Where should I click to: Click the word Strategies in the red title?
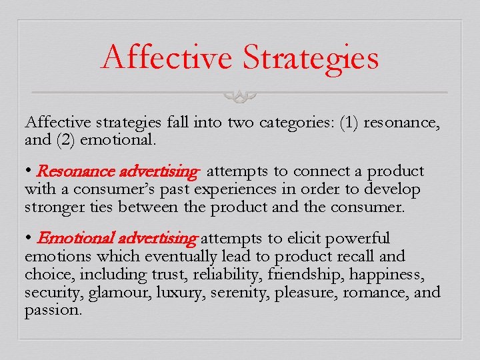[311, 58]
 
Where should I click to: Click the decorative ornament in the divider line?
[242, 95]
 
